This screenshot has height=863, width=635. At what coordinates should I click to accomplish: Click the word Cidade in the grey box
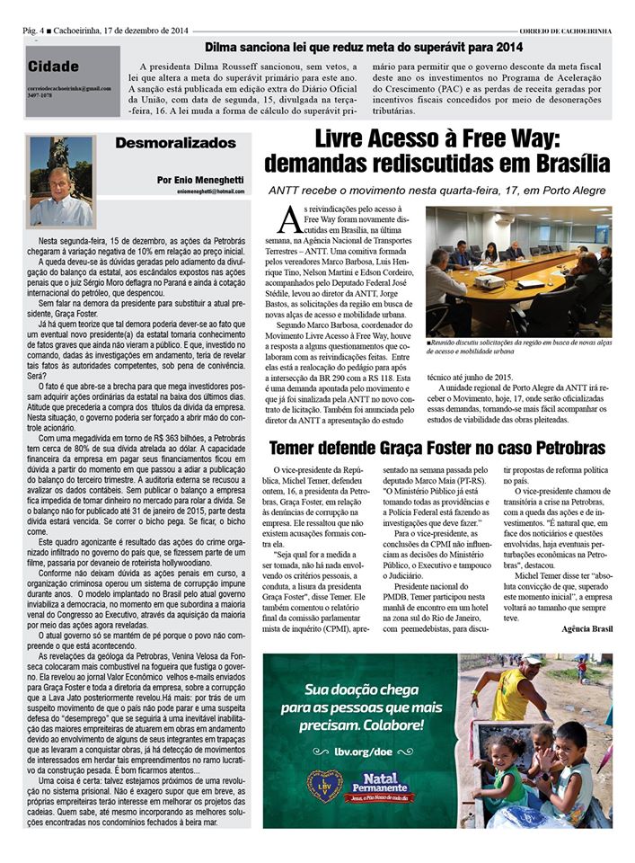click(53, 67)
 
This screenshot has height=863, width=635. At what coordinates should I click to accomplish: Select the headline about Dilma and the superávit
click(363, 47)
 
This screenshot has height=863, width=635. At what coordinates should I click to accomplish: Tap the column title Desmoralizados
click(176, 143)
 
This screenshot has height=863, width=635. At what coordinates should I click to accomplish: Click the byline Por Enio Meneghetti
click(200, 179)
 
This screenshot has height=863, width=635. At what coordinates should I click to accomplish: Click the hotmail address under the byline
click(210, 191)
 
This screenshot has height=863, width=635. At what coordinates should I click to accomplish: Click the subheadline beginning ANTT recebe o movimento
click(438, 190)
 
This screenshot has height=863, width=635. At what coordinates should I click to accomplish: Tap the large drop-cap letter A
click(288, 218)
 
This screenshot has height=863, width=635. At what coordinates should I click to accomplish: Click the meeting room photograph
click(518, 271)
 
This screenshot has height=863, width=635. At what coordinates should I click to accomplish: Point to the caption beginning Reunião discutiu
click(516, 346)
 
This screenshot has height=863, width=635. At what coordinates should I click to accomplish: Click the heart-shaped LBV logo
click(324, 786)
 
